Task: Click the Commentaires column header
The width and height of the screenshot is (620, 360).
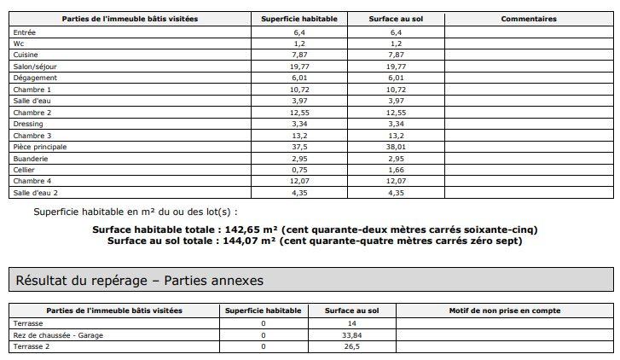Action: (x=529, y=19)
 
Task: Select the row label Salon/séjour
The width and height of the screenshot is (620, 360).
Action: (x=35, y=66)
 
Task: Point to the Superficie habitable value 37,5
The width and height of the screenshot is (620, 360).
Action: (x=298, y=147)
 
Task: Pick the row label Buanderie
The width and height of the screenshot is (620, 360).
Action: (x=31, y=159)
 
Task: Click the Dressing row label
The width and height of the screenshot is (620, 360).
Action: (x=28, y=124)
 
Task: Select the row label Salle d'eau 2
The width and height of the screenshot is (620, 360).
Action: (x=36, y=194)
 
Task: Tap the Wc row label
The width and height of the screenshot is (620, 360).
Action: (x=18, y=43)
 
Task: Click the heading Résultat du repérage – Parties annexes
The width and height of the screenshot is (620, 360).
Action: (x=139, y=280)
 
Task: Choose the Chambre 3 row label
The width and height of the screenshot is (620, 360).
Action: (x=32, y=136)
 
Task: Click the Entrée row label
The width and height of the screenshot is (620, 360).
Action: (x=25, y=31)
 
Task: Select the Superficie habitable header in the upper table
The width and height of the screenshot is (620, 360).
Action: (x=298, y=19)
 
